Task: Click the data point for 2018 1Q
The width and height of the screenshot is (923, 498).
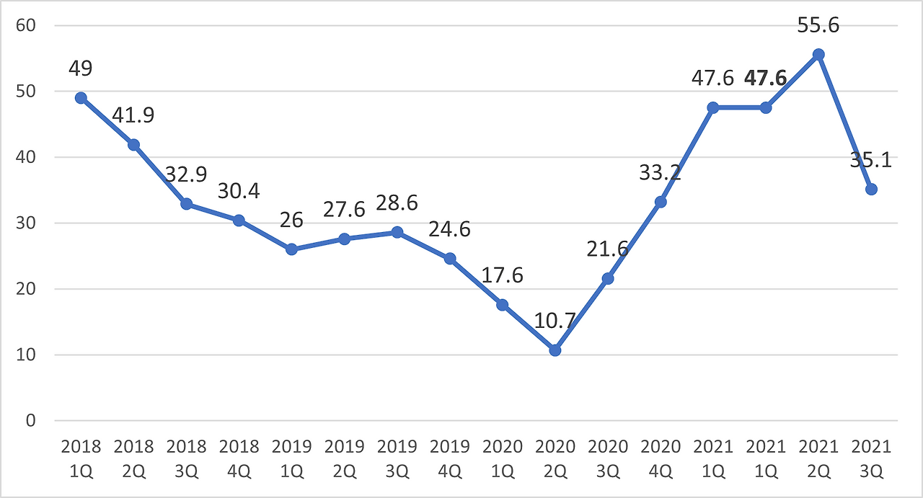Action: coord(81,98)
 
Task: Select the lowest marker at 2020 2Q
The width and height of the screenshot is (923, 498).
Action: coord(555,350)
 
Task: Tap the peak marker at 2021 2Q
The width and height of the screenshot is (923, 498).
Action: coord(818,54)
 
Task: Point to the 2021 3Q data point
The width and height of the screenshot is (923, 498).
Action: coord(871,190)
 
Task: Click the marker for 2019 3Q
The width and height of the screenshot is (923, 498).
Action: coord(397,232)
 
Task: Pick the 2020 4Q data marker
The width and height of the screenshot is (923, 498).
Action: coord(661,202)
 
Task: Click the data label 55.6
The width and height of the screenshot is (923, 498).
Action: coord(818,25)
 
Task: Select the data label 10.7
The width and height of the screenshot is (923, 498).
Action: coord(555,321)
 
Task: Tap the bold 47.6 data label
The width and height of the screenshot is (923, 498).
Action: coord(766,79)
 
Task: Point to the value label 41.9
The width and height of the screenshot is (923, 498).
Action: coord(133,115)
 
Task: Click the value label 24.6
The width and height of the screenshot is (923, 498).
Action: coord(449,229)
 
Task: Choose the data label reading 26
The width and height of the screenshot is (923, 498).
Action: coord(291,220)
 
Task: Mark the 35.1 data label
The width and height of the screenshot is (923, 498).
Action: coord(870,160)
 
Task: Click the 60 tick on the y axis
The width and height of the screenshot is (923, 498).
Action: coord(26,25)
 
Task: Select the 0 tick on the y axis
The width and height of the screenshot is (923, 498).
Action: coord(31,421)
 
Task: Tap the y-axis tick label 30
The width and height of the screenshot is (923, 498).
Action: coord(26,223)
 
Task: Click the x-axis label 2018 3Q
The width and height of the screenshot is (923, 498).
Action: coord(186,459)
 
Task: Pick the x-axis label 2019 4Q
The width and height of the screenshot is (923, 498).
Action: coord(449,459)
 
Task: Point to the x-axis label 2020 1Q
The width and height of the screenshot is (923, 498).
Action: coord(503,459)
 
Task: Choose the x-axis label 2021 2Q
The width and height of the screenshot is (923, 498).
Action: coord(818,459)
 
